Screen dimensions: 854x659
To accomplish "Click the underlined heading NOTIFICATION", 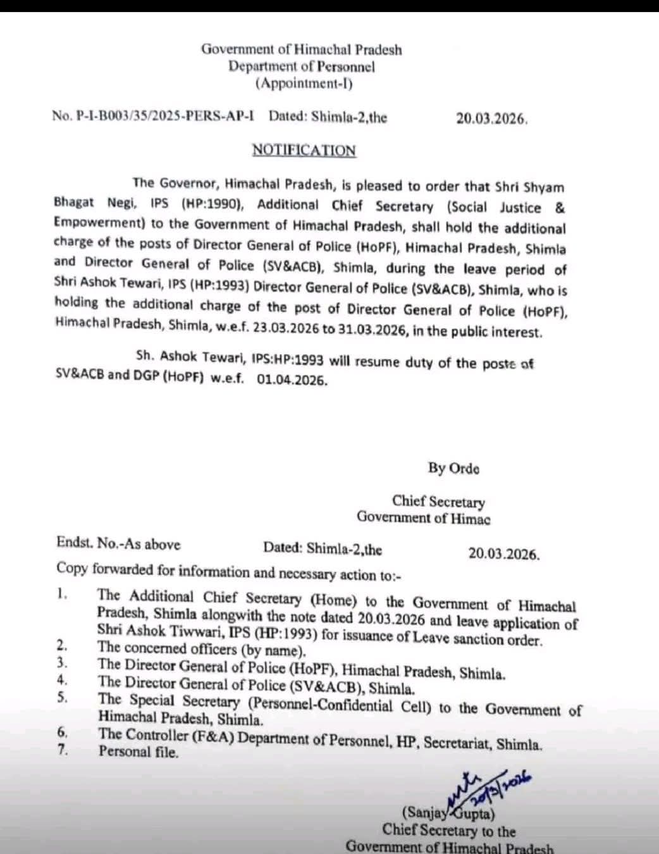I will pos(304,151).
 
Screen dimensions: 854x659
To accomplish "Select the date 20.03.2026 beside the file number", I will pos(491,119).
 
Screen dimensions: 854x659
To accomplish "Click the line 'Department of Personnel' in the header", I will pos(302,66).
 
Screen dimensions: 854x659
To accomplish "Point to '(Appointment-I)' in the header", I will pos(304,83).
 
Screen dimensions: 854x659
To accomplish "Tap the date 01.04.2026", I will pos(292,380).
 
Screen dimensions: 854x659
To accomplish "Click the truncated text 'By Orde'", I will pos(453,469).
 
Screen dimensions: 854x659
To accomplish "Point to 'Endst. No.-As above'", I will pos(118,544).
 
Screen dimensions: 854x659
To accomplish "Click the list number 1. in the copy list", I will pos(61,594).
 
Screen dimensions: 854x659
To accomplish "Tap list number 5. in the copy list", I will pos(62,698).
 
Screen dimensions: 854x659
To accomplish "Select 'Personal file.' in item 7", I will pos(139,752).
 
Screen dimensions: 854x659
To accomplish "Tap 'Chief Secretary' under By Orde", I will pos(438,502).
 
